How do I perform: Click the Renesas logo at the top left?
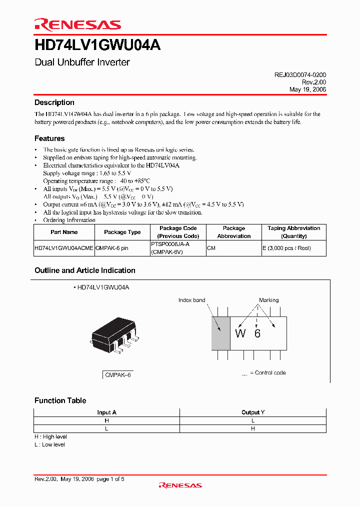point(77,24)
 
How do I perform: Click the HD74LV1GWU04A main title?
point(97,45)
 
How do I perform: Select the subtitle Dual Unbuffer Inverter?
point(82,62)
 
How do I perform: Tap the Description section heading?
point(54,102)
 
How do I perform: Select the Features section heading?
point(49,138)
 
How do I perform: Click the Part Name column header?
point(64,232)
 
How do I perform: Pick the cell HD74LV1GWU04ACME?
point(63,248)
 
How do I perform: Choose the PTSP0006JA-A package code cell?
point(170,244)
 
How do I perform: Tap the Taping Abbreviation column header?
point(293,232)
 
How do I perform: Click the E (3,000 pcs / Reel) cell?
point(287,248)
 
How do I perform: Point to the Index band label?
point(191,300)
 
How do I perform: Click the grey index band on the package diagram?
point(220,333)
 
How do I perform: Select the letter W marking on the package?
point(240,333)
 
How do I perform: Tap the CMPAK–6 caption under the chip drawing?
point(118,374)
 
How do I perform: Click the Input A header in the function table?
point(106,412)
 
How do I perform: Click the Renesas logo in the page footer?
point(180,485)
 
